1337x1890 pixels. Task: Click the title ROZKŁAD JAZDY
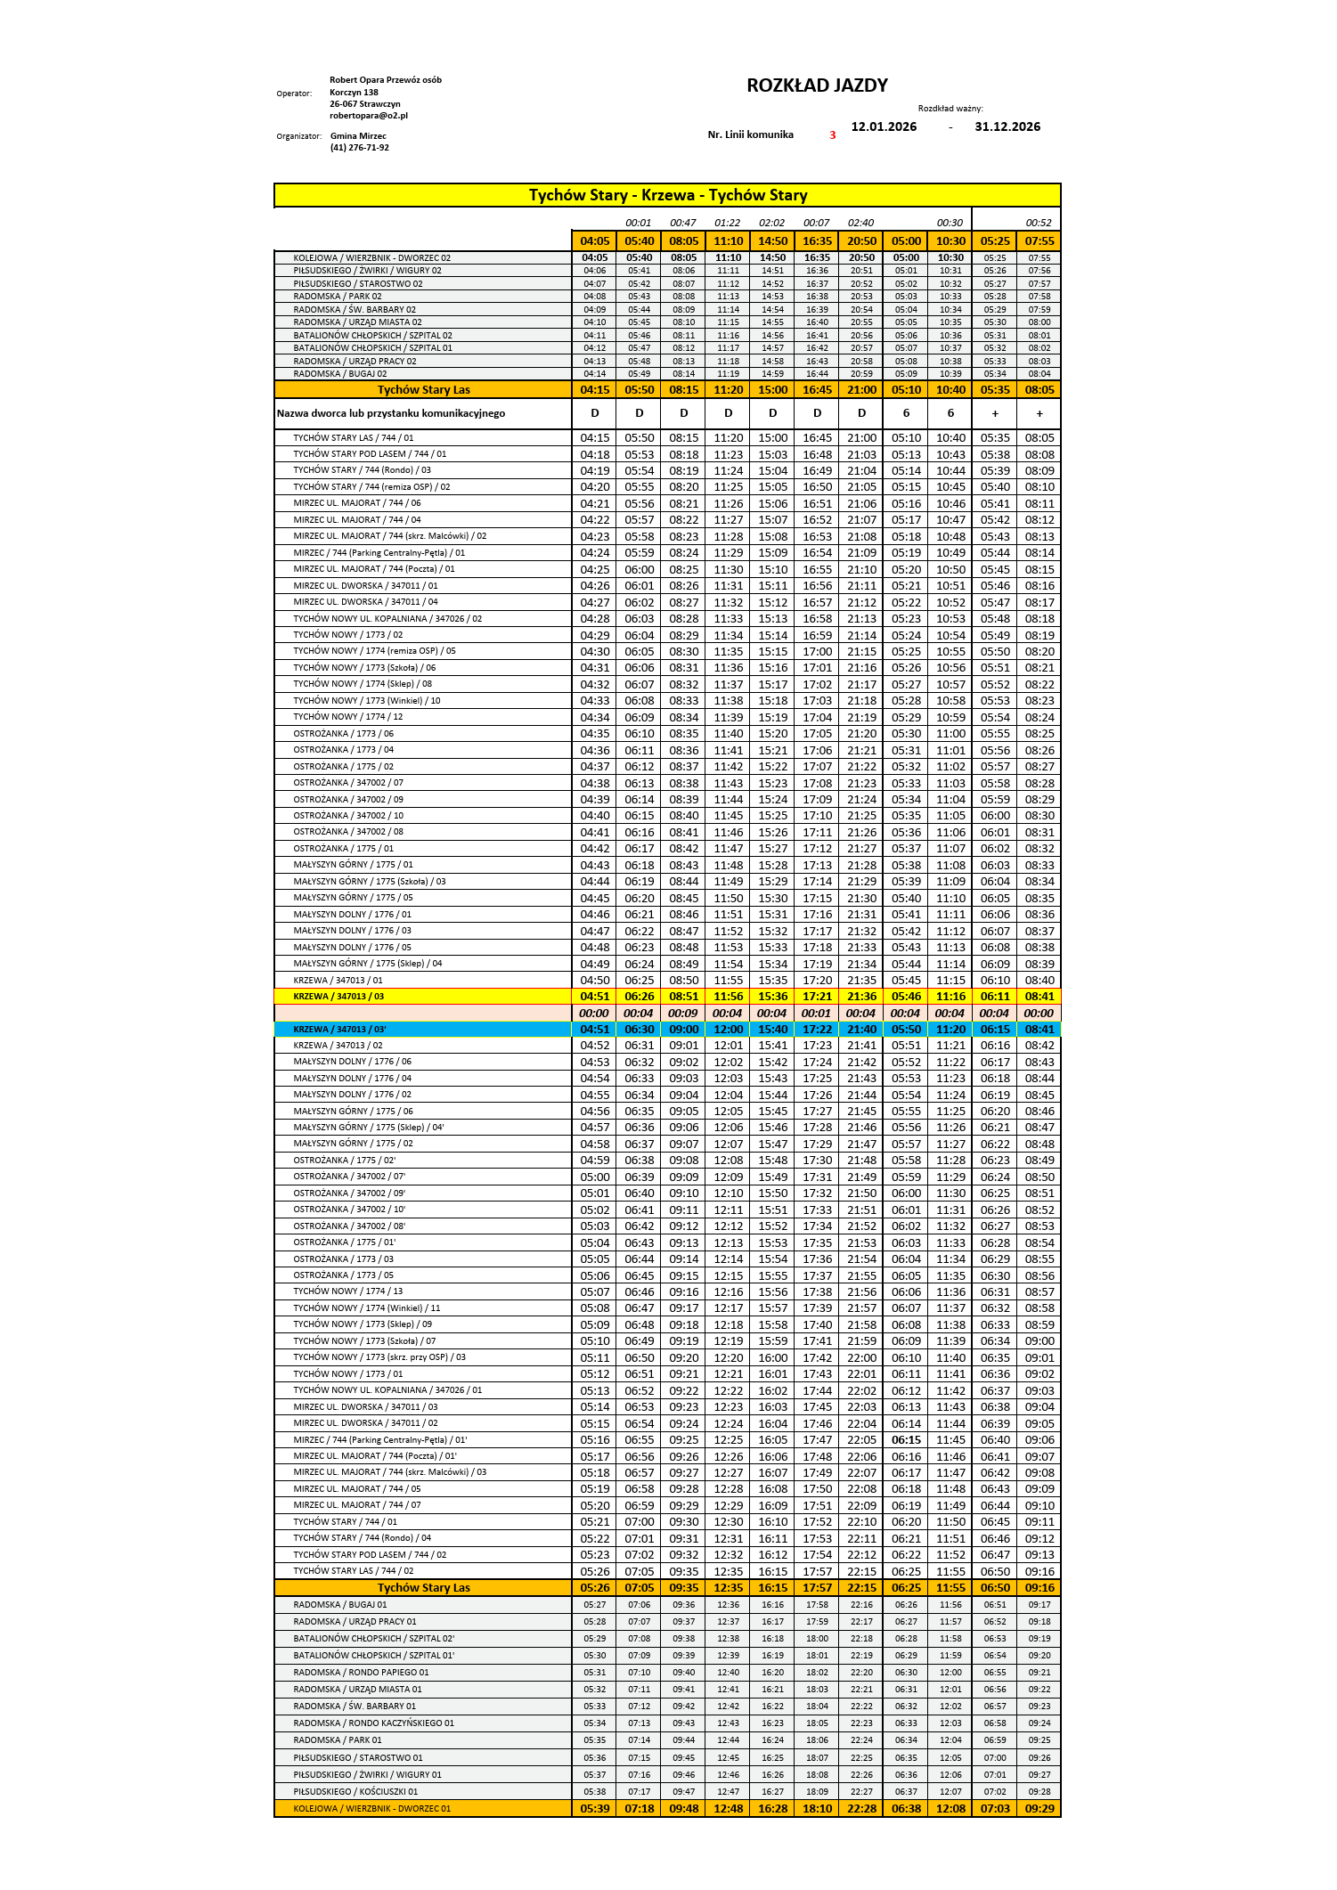[817, 86]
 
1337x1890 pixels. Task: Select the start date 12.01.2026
[884, 126]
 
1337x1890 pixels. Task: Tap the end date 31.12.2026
[1007, 126]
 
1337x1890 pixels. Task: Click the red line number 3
[833, 135]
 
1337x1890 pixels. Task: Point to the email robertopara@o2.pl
[368, 116]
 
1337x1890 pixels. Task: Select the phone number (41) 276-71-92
[359, 148]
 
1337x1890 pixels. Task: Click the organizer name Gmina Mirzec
[358, 136]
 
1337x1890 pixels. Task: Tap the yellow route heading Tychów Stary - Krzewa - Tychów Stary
[667, 195]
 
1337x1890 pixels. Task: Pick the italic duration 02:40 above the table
[860, 223]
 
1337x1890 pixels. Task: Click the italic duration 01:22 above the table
[727, 223]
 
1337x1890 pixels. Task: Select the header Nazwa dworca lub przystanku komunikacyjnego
[391, 413]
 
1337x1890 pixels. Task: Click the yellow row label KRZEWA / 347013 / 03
[338, 997]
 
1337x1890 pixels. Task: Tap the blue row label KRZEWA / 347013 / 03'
[339, 1030]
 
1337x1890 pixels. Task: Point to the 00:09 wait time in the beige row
[683, 1014]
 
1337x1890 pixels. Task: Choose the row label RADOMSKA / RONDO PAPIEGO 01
[361, 1673]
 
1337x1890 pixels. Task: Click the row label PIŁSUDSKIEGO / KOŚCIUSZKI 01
[355, 1792]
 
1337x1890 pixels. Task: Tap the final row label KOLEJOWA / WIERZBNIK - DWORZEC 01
[371, 1809]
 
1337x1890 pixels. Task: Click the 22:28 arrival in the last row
[861, 1809]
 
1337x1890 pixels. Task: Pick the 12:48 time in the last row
[728, 1809]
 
